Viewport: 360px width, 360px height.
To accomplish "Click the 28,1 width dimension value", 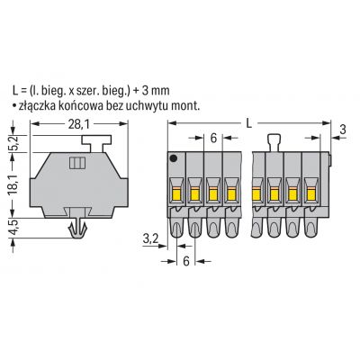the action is tap(78, 124).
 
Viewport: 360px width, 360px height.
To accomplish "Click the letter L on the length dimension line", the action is tap(248, 123).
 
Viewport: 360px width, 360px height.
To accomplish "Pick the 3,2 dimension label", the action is tap(149, 240).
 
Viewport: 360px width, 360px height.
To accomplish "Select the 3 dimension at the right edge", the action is tap(343, 130).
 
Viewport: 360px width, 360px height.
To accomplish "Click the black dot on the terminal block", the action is tap(174, 158).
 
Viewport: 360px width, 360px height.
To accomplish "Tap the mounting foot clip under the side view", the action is tap(77, 229).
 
